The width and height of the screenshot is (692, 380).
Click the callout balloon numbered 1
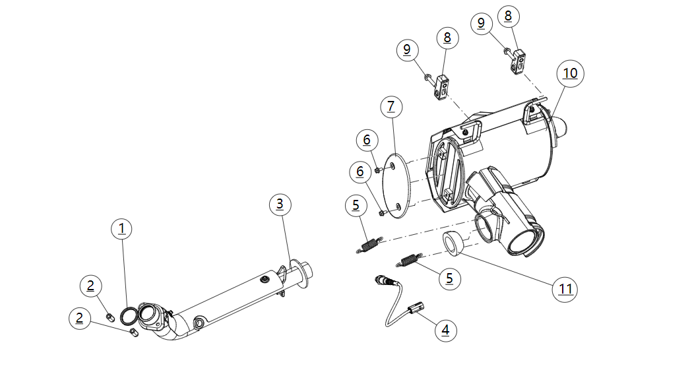(x=121, y=229)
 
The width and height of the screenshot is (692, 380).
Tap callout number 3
(x=280, y=204)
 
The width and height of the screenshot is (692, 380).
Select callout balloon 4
(x=445, y=330)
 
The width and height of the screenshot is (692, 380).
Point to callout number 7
(x=391, y=106)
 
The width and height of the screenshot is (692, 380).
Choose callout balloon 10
(x=570, y=73)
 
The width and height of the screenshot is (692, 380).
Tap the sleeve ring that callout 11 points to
(x=451, y=243)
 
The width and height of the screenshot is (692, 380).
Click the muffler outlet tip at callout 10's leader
(x=561, y=127)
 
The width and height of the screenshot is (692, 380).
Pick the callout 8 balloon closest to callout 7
(x=447, y=38)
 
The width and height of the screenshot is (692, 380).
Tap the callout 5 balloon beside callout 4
(x=449, y=278)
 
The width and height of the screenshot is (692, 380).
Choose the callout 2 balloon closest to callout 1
(x=91, y=286)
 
